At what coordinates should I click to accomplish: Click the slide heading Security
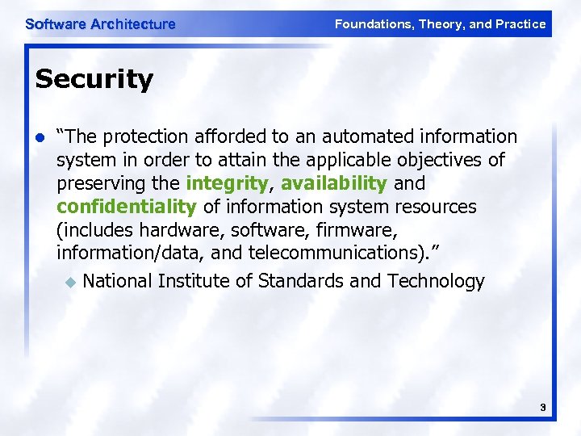94,79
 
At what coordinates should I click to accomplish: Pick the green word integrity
227,183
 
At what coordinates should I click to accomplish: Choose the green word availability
333,183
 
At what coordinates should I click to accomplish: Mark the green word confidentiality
127,207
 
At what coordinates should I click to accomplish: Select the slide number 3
543,409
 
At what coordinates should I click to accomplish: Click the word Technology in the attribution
436,282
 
